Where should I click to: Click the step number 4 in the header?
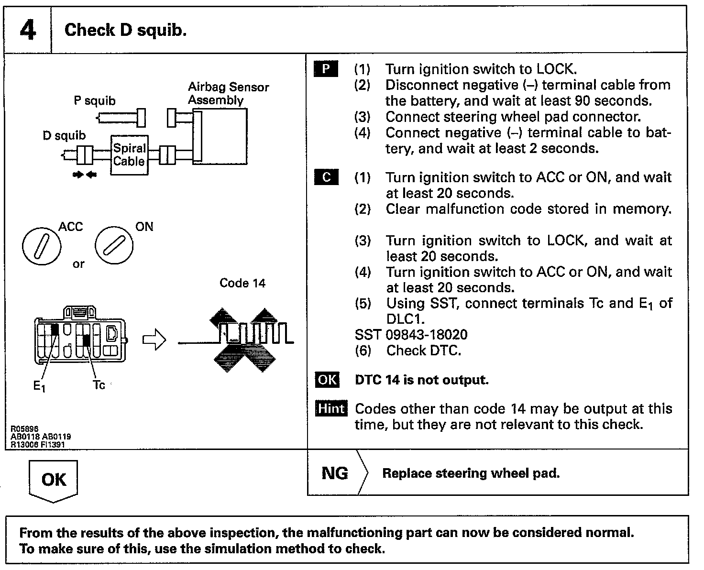[x=28, y=30]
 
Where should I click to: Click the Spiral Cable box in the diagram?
[x=129, y=155]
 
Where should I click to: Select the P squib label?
[x=94, y=101]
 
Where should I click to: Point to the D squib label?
[x=64, y=136]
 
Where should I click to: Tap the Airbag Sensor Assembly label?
[x=228, y=94]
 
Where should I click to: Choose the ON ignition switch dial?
[x=114, y=246]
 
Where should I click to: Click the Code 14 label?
[x=242, y=283]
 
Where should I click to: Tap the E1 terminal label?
[x=39, y=386]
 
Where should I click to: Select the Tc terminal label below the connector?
[x=99, y=385]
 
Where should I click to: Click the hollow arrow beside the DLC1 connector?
[x=154, y=341]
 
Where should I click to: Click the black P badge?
[x=326, y=69]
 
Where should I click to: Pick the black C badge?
[x=326, y=177]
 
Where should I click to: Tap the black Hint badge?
[x=331, y=409]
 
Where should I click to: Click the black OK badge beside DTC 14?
[x=327, y=380]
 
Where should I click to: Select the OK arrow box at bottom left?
[x=53, y=480]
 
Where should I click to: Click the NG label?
[x=335, y=473]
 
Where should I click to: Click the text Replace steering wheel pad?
[x=471, y=473]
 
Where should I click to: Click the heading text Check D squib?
[x=125, y=30]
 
